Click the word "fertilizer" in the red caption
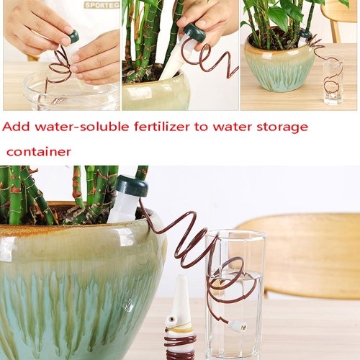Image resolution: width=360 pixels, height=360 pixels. click(162, 127)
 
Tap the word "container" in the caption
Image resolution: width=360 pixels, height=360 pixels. click(39, 152)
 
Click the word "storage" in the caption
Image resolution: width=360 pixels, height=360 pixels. click(282, 127)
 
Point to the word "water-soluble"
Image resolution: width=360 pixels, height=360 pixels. click(82, 127)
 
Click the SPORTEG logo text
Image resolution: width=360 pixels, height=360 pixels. click(102, 5)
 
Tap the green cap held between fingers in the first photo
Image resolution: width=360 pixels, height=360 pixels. click(73, 35)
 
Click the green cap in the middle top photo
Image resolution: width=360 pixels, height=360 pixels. click(194, 35)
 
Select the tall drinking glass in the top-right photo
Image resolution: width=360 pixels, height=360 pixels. click(333, 80)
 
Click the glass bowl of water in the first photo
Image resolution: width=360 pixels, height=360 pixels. click(71, 92)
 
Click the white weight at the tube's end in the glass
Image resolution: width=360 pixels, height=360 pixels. click(238, 325)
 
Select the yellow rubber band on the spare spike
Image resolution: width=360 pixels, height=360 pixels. click(179, 328)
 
